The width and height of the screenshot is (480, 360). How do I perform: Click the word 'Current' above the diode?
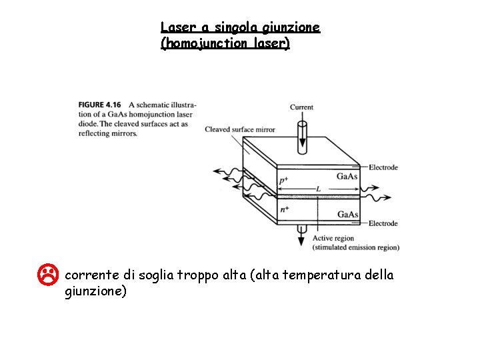click(301, 107)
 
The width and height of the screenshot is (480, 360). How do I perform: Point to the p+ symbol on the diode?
click(283, 181)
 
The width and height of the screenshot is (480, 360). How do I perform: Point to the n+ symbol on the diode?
click(284, 209)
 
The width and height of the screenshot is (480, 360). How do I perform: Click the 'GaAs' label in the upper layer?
click(347, 177)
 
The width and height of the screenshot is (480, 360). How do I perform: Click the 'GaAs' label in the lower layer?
click(347, 214)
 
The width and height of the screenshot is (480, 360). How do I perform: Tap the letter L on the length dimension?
click(319, 189)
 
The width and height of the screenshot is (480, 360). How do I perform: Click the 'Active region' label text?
click(333, 238)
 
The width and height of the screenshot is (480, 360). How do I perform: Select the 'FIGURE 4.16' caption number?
click(99, 105)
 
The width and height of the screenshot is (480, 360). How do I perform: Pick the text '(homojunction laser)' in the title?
click(225, 44)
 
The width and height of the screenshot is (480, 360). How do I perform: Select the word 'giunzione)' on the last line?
click(95, 291)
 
